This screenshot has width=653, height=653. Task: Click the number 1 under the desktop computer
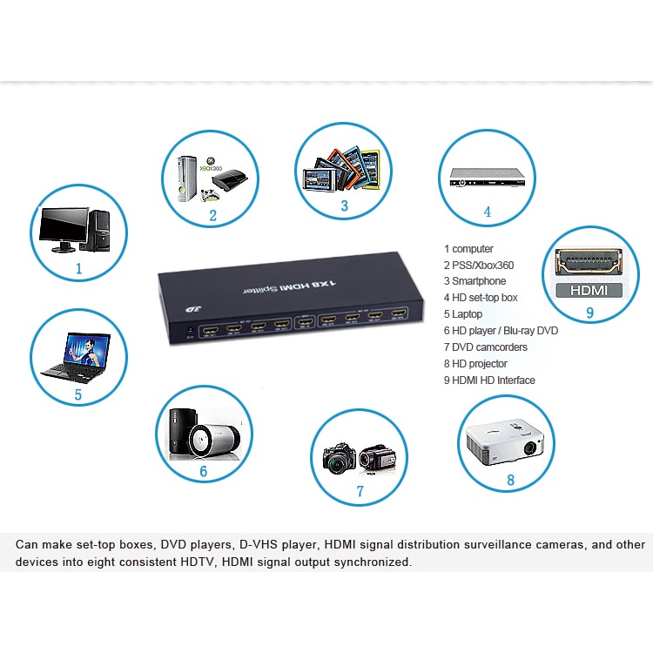coord(78,269)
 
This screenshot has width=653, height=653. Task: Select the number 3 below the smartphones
coord(344,206)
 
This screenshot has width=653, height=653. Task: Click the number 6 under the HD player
coord(203,471)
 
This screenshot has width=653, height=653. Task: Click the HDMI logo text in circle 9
coord(589,290)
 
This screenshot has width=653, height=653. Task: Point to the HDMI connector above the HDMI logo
coord(589,260)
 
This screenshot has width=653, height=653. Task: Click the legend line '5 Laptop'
coord(464,314)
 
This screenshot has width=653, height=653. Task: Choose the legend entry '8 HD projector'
coord(475,364)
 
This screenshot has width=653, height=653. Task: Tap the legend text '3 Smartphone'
coord(475,281)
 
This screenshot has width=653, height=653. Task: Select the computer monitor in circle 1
coord(62,229)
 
